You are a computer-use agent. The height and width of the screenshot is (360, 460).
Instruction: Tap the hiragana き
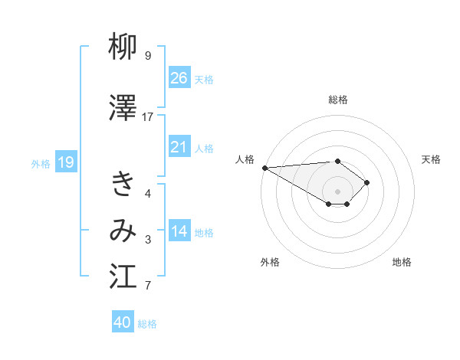tap(123, 184)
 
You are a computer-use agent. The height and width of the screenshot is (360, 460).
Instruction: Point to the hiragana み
tap(123, 229)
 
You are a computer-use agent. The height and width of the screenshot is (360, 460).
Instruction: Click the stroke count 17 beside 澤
tap(148, 116)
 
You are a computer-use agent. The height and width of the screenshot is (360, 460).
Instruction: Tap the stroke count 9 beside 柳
tap(148, 56)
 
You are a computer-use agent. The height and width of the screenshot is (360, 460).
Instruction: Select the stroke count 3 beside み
tap(148, 240)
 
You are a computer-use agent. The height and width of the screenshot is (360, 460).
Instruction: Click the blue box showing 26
tap(179, 77)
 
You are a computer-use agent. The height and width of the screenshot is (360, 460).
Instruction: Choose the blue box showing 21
tap(179, 147)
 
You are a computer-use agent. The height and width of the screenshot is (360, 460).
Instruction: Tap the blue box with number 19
tap(65, 162)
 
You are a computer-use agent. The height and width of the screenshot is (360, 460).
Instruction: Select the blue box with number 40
tap(123, 322)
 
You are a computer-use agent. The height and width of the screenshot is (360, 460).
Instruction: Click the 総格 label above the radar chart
tap(338, 100)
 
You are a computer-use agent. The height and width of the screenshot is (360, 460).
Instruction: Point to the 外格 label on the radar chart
tap(270, 262)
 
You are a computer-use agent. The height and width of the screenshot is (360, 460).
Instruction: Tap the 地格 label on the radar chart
tap(402, 262)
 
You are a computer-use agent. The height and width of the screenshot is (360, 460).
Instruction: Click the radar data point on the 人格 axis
tap(264, 167)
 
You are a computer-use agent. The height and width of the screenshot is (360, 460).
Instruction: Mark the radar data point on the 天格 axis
tap(368, 182)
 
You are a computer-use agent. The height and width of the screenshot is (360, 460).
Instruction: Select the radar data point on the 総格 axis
tap(337, 161)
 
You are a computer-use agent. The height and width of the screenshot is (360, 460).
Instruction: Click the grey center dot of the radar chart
tap(337, 190)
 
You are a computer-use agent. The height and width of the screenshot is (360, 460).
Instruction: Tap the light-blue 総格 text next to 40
tap(147, 324)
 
